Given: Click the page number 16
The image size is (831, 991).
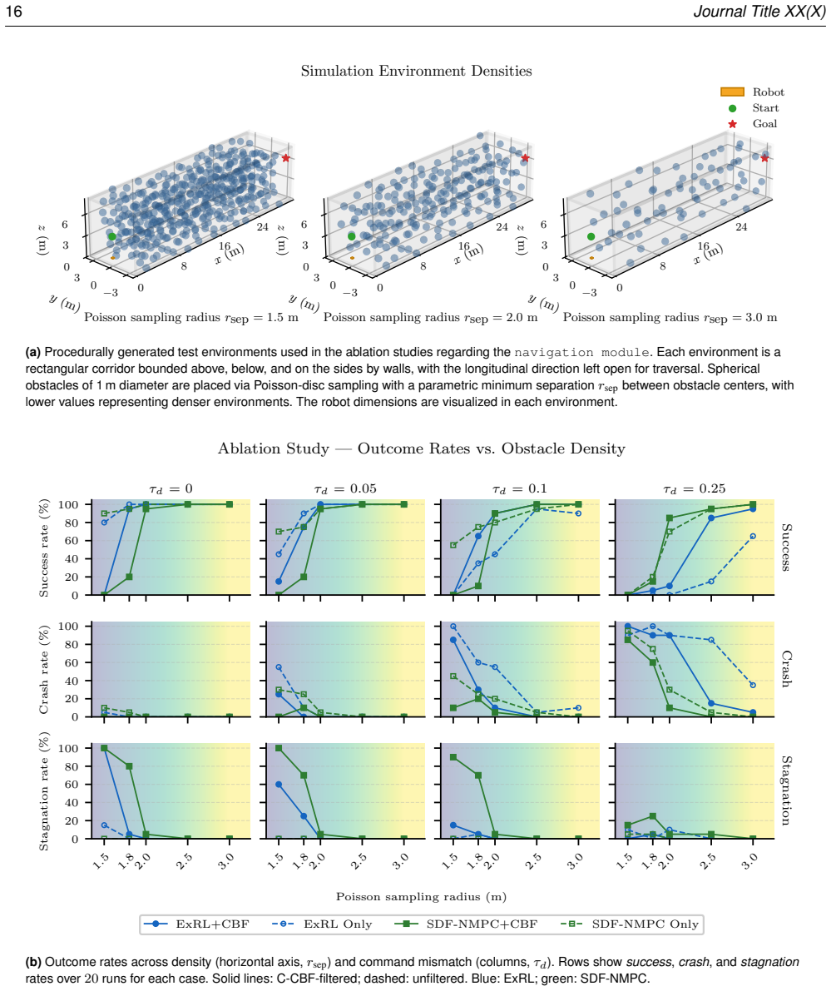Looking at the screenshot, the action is click(14, 12).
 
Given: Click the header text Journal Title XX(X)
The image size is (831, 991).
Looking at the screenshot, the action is click(759, 12).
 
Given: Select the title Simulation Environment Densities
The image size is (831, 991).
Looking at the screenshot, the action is click(416, 71).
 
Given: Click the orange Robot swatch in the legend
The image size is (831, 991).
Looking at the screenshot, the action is click(732, 92).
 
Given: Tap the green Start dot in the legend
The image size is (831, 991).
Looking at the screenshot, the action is click(732, 108).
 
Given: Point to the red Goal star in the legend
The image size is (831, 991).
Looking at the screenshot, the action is click(732, 124).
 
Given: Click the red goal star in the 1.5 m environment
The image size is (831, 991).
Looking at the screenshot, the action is click(285, 157).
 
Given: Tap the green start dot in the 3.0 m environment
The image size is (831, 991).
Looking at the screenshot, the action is click(591, 236).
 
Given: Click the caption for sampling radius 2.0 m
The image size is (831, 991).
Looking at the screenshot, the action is click(430, 317).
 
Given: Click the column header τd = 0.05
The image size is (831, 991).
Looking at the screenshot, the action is click(345, 489).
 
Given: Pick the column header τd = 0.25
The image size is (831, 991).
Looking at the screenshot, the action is click(694, 489).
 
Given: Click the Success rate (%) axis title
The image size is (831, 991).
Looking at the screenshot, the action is click(44, 548).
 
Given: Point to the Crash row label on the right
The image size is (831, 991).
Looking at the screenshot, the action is click(786, 669).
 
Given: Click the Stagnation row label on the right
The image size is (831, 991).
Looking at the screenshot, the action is click(786, 790).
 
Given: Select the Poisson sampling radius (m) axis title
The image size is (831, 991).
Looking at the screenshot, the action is click(421, 897).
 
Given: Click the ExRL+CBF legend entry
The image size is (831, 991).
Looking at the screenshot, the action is click(196, 924).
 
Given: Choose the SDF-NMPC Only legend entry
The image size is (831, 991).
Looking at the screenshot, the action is click(630, 924).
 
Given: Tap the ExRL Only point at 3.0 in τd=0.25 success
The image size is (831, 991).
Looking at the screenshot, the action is click(753, 536).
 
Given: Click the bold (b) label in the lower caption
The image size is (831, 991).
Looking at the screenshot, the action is click(33, 962).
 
